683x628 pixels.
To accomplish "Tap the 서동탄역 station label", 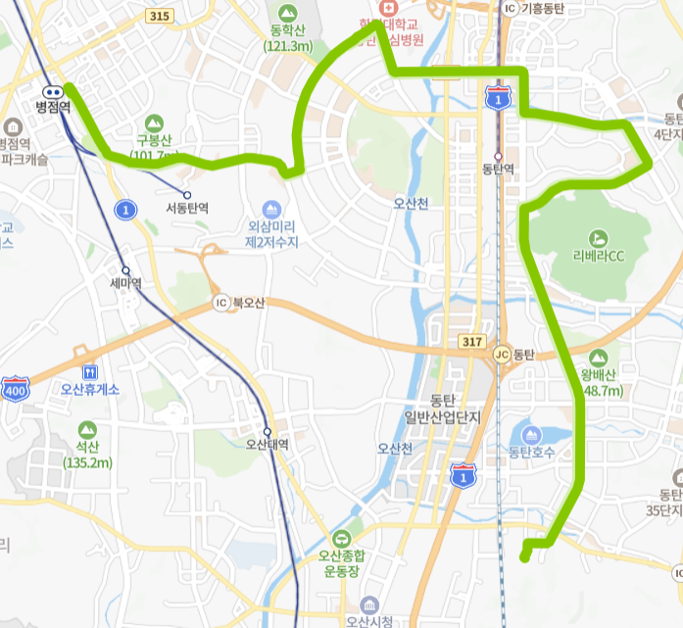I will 186,208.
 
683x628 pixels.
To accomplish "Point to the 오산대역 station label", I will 268,444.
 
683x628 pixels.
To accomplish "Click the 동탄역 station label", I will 498,169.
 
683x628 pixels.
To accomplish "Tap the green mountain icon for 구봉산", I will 152,122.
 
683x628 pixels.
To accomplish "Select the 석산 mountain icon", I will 88,429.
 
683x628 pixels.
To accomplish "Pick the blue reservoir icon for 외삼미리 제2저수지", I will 271,210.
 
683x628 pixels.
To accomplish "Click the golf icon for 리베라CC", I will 598,237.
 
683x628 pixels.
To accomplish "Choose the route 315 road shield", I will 160,16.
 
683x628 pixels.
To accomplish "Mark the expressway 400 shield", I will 16,387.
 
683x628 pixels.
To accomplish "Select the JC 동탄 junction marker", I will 503,355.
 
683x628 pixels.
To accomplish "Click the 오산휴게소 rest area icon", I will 90,372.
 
